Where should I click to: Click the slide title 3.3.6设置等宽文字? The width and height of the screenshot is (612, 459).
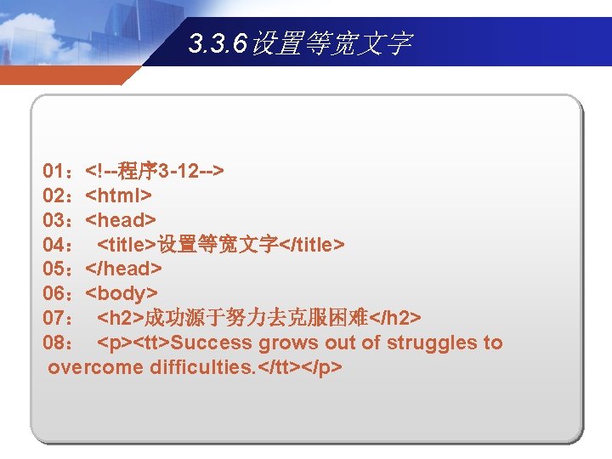click(x=300, y=42)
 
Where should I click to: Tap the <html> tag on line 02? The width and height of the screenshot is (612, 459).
click(x=119, y=195)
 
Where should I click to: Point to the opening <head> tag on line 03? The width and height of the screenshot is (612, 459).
click(x=121, y=220)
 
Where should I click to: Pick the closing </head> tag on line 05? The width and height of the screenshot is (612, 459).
click(x=124, y=269)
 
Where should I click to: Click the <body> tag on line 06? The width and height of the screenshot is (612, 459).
click(x=122, y=294)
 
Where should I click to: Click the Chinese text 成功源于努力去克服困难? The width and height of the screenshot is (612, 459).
click(x=256, y=319)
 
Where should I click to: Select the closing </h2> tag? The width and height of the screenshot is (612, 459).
click(x=395, y=319)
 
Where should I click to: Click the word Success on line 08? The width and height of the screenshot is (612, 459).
click(x=212, y=343)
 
